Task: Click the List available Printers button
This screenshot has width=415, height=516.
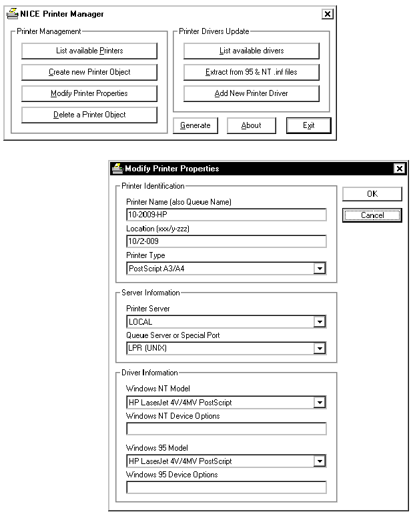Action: (89, 51)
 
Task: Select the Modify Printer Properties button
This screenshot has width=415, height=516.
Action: (89, 93)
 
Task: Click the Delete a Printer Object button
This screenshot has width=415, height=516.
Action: (89, 115)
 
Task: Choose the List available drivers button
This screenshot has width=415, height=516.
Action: (252, 51)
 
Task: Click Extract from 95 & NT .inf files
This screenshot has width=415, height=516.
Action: (252, 72)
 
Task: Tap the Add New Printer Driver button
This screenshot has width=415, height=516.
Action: (252, 93)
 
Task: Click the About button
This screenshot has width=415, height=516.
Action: (251, 125)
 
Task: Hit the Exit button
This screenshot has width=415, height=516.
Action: (308, 125)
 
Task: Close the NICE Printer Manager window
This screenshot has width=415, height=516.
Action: (327, 14)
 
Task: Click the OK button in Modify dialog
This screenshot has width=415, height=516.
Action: (372, 194)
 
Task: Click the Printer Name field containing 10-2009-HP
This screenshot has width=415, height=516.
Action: (226, 215)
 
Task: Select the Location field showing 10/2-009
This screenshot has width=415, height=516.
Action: (226, 241)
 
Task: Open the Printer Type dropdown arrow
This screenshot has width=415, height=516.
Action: (320, 269)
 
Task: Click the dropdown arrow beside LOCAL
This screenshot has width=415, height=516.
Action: (320, 322)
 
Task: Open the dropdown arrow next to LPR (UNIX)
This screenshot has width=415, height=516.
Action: (320, 349)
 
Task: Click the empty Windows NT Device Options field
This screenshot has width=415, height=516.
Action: (226, 429)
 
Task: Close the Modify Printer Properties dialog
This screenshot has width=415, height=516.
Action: (399, 169)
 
